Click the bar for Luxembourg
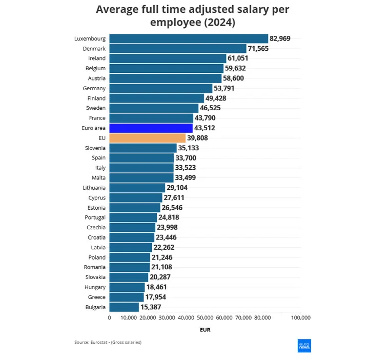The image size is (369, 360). [x=189, y=38]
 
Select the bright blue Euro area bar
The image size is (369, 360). [x=151, y=128]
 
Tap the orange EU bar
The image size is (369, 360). [x=147, y=138]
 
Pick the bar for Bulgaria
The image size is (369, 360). [x=124, y=307]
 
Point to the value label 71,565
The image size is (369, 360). [x=258, y=49]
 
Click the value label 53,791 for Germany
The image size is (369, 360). [x=224, y=88]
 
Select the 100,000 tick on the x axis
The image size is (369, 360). [x=301, y=318]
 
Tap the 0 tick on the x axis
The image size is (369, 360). [x=109, y=318]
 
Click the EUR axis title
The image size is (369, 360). [x=205, y=330]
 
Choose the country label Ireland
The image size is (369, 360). [x=97, y=58]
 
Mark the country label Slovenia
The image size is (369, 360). [x=95, y=148]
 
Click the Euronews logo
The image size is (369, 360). [x=304, y=346]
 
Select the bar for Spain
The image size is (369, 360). [x=141, y=158]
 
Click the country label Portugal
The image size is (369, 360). [x=95, y=217]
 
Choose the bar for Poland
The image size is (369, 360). [x=130, y=257]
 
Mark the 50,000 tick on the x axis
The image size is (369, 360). [x=205, y=318]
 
